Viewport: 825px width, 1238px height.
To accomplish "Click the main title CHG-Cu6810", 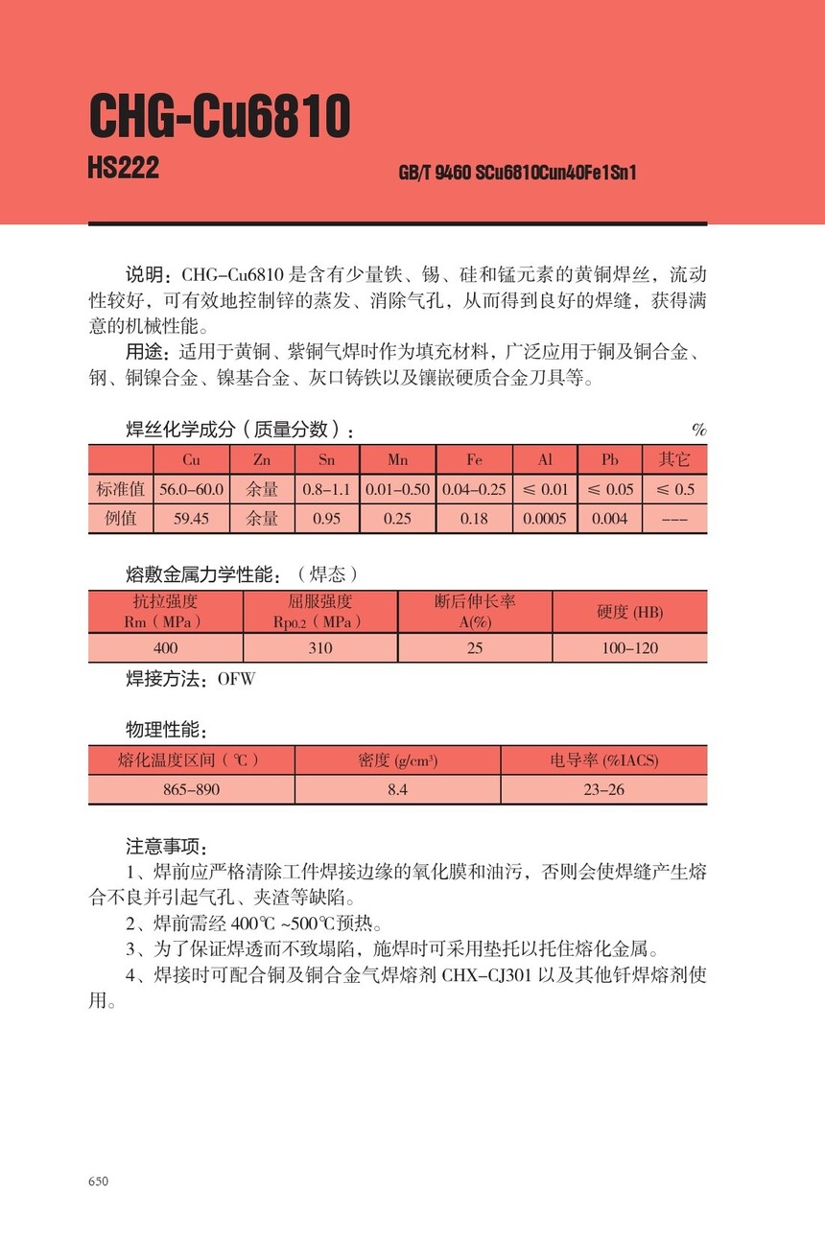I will [x=220, y=118].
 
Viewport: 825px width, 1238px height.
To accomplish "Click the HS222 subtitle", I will [x=123, y=169].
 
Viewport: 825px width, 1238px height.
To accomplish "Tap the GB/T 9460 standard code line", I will [x=517, y=174].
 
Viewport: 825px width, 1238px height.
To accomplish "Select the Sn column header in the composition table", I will [x=325, y=459].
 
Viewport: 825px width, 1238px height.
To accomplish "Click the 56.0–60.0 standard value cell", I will [x=191, y=489].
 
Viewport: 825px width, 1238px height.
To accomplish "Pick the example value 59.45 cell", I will [x=191, y=519].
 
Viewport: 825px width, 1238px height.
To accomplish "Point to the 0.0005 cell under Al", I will [x=545, y=519].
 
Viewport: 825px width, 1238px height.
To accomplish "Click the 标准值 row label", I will [x=121, y=489].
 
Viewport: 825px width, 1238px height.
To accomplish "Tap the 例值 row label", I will [x=121, y=519].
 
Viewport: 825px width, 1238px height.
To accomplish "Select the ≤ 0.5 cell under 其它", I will [x=674, y=489].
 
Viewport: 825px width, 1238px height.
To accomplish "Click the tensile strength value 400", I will [x=165, y=648].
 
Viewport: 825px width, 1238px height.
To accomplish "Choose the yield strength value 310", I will [x=320, y=648].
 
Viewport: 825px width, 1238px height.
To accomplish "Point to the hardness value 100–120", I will [x=629, y=648].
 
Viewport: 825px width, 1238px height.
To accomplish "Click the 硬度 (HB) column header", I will [x=629, y=612].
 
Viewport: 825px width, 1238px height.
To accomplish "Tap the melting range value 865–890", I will [x=191, y=790].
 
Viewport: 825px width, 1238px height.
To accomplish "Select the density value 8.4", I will [x=397, y=790].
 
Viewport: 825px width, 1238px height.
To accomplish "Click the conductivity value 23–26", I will [x=603, y=790].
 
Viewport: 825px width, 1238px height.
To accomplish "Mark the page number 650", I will [x=99, y=1181].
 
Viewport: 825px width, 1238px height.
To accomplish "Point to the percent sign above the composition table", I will [x=698, y=430].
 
